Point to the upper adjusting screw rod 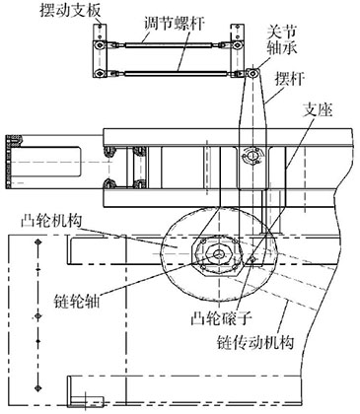pos(165,44)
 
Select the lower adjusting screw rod pos(165,67)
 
